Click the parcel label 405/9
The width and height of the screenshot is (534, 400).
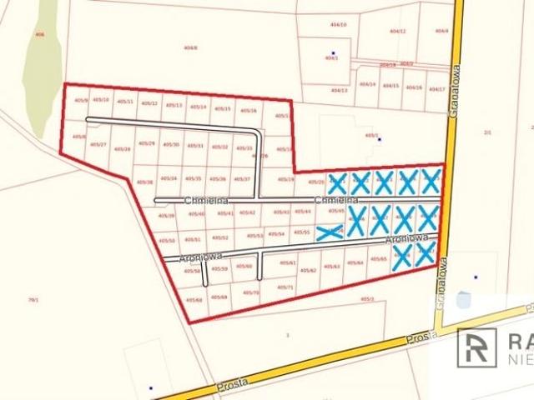pyautogui.click(x=81, y=101)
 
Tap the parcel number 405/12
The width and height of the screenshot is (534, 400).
pyautogui.click(x=149, y=103)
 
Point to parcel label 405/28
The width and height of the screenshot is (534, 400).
pyautogui.click(x=122, y=148)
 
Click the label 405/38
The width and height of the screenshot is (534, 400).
pyautogui.click(x=145, y=181)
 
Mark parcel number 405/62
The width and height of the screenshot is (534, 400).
pyautogui.click(x=308, y=270)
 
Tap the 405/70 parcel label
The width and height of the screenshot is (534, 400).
pyautogui.click(x=250, y=292)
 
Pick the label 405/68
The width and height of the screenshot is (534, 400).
pyautogui.click(x=194, y=300)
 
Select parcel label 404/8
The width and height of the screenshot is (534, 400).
pyautogui.click(x=190, y=47)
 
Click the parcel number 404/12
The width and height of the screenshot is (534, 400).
pyautogui.click(x=397, y=31)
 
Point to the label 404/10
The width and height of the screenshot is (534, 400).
pyautogui.click(x=338, y=25)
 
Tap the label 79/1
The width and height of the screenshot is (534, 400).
pyautogui.click(x=33, y=300)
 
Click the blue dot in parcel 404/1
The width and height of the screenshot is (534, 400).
pyautogui.click(x=333, y=53)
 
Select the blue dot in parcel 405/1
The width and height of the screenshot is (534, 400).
pyautogui.click(x=379, y=140)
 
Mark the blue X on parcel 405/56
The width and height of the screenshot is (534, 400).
pyautogui.click(x=330, y=232)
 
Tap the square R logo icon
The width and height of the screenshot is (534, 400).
pyautogui.click(x=476, y=346)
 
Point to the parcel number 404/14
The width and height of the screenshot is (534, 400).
pyautogui.click(x=367, y=84)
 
